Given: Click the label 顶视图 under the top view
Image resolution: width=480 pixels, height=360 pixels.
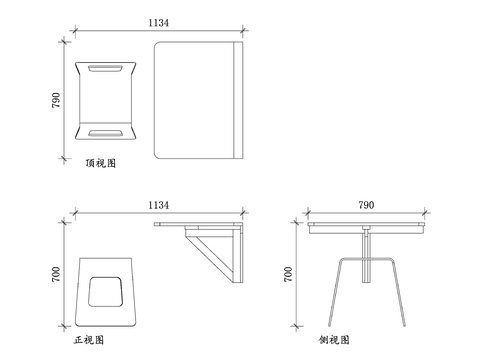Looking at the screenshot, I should pos(101,162).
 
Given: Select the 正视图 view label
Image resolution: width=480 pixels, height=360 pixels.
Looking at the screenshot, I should pos(89,340).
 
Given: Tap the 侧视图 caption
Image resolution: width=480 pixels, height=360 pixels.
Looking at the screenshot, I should pos(335,340).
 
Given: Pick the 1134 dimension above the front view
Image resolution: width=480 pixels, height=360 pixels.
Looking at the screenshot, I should pos(158,205).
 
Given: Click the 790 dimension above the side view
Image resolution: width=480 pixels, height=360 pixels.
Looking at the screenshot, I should pos(366,205).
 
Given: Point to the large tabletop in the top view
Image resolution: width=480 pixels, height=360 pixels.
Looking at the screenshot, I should pos(192,99).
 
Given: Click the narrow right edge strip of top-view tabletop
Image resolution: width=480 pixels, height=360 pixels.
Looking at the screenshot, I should pos(236,99).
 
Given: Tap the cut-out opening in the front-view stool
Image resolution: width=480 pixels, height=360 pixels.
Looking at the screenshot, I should pos(105,291).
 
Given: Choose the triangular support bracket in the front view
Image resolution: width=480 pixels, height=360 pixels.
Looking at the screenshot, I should pos(218,252).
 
